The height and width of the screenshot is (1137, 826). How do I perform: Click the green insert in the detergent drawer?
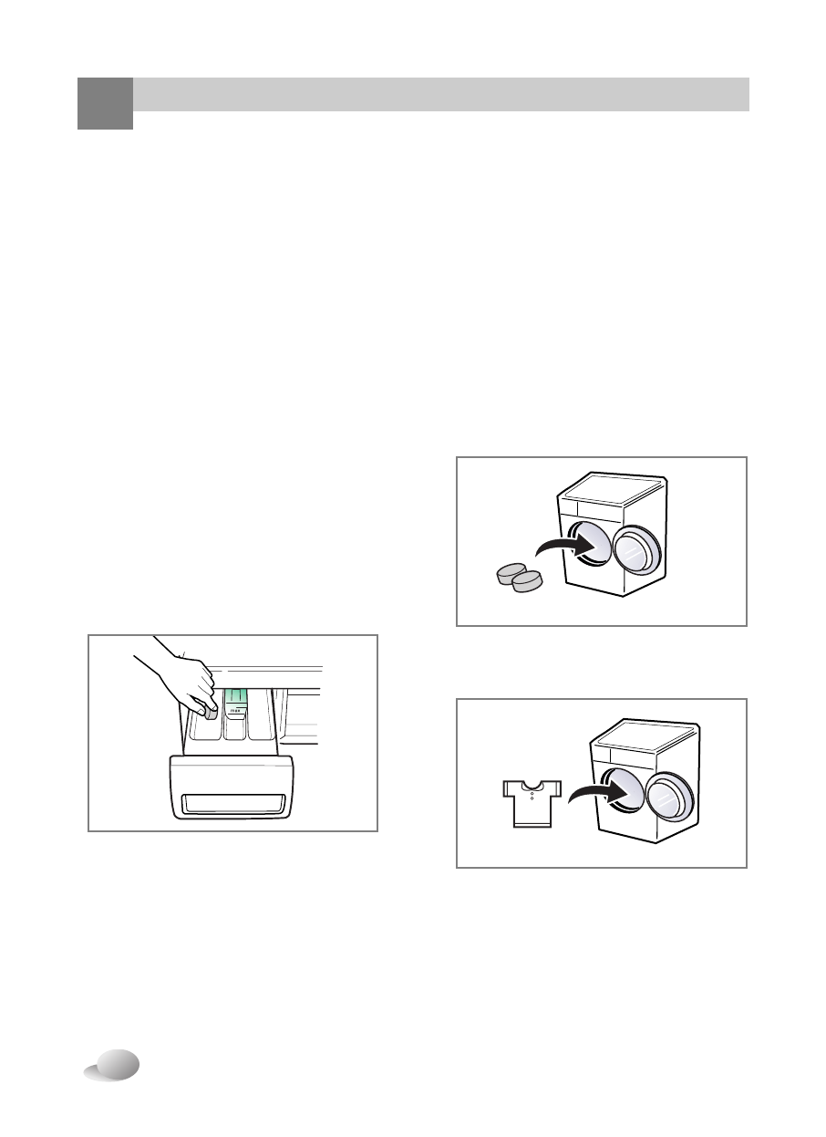point(235,698)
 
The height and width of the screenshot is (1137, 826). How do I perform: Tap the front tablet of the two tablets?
point(528,581)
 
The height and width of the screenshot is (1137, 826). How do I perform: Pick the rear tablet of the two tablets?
point(508,574)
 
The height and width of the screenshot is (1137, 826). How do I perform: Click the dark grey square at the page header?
point(105,103)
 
